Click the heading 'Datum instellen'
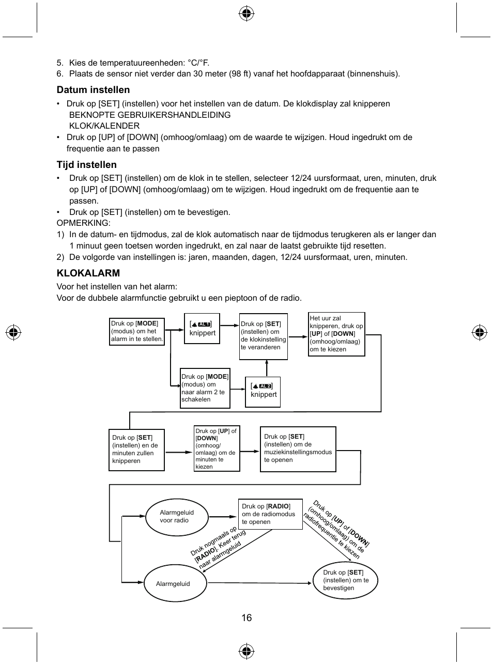[93, 90]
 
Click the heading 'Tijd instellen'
[86, 165]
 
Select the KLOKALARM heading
[88, 273]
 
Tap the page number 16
[246, 617]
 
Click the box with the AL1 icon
[202, 328]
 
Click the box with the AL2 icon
[263, 392]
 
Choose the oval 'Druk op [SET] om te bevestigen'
[345, 580]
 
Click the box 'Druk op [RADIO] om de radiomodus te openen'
[270, 514]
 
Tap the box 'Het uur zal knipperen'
[336, 334]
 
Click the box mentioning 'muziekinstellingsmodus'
[298, 449]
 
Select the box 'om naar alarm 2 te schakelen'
[205, 388]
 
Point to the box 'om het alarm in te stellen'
[137, 331]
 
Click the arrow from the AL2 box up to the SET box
[267, 368]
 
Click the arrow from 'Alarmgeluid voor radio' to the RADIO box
[223, 516]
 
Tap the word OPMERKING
[83, 223]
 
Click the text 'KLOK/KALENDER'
[104, 126]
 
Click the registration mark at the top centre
[246, 14]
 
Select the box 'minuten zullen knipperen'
[136, 449]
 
